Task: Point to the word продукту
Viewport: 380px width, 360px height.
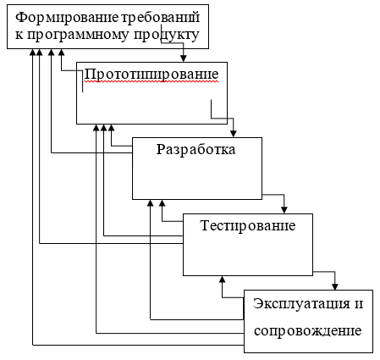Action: [167, 36]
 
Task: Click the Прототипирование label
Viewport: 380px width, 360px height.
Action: [151, 75]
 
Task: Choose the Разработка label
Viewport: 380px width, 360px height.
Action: [196, 150]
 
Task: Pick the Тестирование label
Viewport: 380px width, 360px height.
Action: [248, 226]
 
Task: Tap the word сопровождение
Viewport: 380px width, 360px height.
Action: [308, 331]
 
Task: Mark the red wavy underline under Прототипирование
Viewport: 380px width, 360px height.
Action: [151, 82]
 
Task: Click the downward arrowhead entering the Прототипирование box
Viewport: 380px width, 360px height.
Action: [184, 58]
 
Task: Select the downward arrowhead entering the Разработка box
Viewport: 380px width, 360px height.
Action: [234, 134]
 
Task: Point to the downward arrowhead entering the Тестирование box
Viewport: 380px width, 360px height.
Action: [284, 210]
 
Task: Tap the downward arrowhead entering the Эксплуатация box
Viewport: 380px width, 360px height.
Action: [335, 286]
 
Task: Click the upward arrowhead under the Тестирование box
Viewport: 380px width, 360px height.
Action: [223, 280]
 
